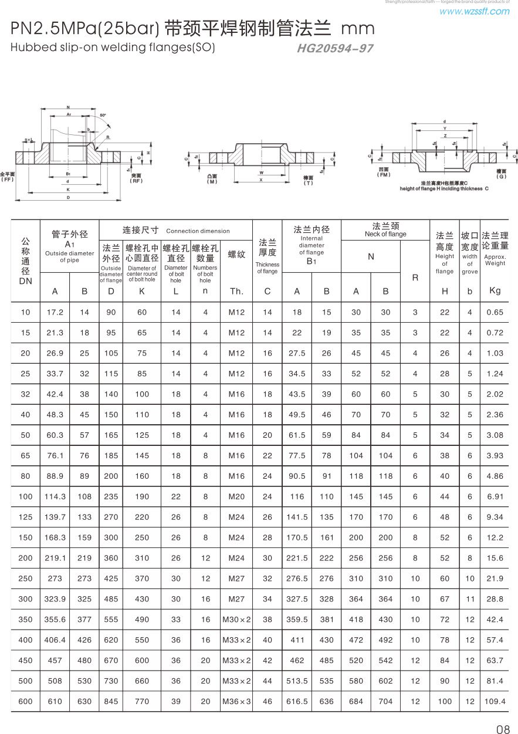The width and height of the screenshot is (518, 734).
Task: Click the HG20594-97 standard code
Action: [x=335, y=49]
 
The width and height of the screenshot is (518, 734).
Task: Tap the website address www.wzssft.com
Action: [x=474, y=11]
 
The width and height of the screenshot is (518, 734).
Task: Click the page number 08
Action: [x=503, y=729]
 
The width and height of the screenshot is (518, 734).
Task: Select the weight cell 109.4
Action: [x=495, y=701]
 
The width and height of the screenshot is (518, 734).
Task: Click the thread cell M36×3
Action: [x=236, y=701]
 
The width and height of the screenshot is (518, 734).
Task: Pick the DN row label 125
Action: [x=25, y=517]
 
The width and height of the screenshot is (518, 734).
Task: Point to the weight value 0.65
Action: [x=495, y=312]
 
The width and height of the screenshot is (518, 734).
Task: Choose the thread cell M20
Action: [x=236, y=496]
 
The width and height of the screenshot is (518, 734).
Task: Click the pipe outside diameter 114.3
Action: [x=55, y=496]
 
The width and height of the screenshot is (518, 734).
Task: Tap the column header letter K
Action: [x=142, y=291]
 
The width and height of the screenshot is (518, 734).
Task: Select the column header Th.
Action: [x=236, y=291]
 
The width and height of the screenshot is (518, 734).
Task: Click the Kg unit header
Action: [x=495, y=290]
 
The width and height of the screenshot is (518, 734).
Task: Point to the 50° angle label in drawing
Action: [x=103, y=115]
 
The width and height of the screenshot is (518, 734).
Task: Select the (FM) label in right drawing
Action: [x=384, y=175]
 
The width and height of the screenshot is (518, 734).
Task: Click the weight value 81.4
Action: [x=495, y=681]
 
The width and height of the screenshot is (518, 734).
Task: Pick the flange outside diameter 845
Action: [x=111, y=701]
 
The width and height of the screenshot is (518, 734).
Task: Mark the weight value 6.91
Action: [x=495, y=496]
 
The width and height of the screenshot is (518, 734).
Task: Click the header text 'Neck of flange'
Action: [x=385, y=234]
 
